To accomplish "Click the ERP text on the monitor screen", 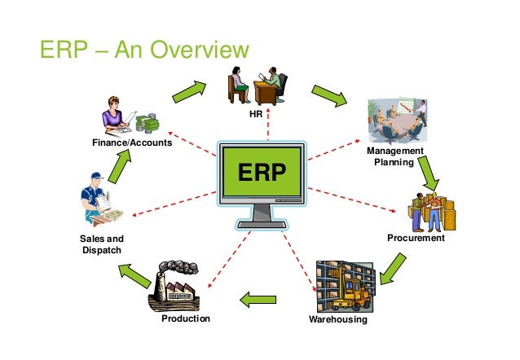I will (262, 173).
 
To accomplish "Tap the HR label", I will (256, 115).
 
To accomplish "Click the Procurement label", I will (416, 239).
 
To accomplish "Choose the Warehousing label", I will (338, 320).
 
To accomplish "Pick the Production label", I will (186, 318).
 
